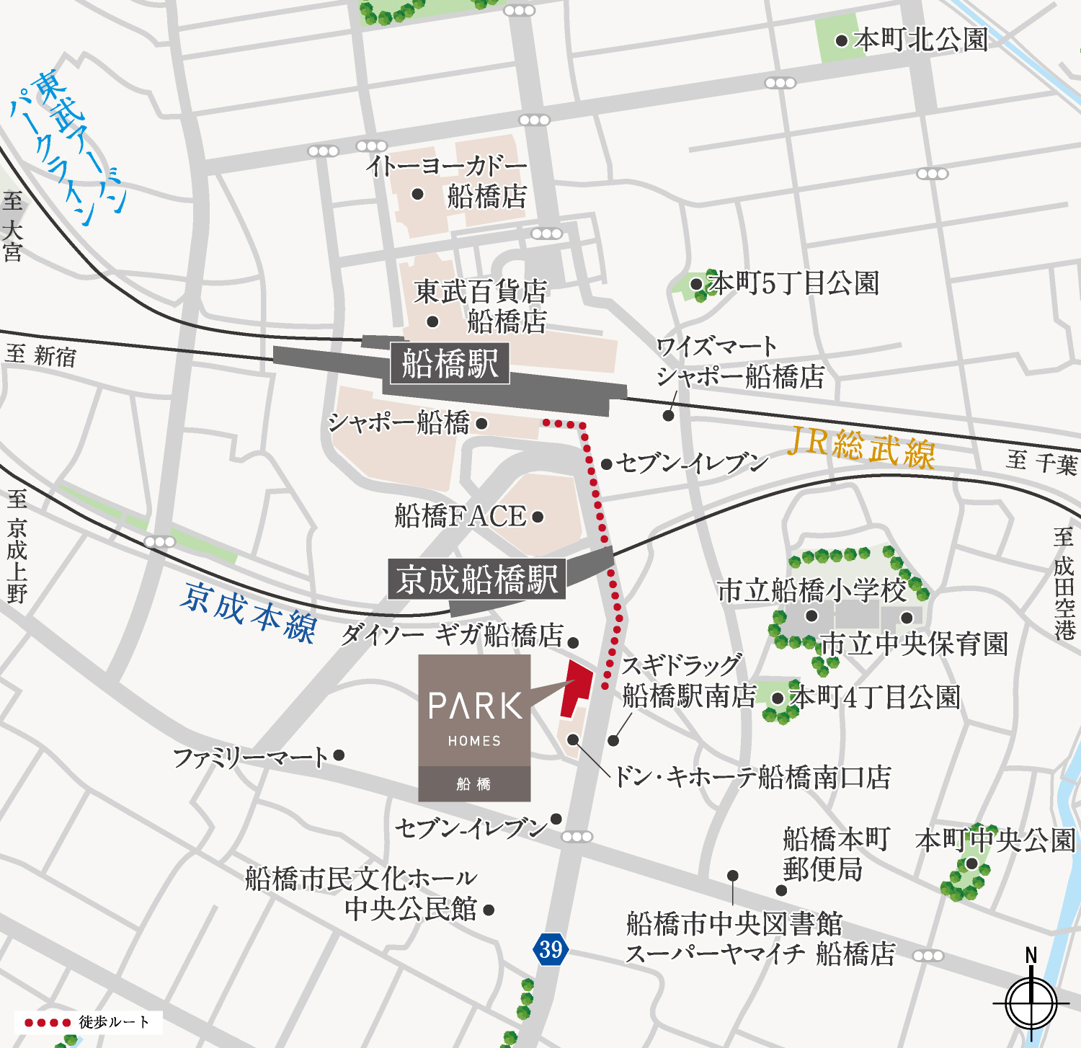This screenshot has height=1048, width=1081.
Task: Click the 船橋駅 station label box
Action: [450, 363]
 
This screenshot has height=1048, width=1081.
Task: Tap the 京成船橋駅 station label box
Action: [476, 579]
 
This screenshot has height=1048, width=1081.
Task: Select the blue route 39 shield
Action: [551, 949]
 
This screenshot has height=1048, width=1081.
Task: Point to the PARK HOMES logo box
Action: [474, 727]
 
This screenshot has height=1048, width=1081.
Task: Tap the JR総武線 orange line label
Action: [860, 448]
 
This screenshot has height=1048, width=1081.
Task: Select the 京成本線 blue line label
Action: [249, 612]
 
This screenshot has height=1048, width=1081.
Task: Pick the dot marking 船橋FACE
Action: [538, 517]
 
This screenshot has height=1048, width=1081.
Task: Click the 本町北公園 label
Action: [920, 40]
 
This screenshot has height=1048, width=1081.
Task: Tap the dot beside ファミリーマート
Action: [339, 755]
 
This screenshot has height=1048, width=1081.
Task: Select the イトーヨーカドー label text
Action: [447, 166]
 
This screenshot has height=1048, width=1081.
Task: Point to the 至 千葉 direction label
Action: [1041, 462]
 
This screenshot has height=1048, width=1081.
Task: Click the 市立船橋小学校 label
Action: [811, 590]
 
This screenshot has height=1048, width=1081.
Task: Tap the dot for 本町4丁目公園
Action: [778, 698]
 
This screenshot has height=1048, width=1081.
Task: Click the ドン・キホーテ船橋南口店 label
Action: [752, 777]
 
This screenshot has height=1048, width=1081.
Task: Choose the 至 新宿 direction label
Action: [41, 355]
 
